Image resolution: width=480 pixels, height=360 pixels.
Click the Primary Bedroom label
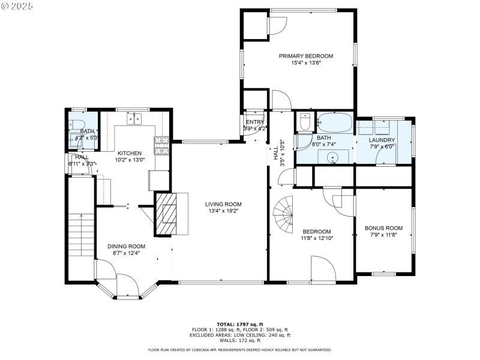(x=305, y=56)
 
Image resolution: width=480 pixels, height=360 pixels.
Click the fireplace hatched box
(x=167, y=214)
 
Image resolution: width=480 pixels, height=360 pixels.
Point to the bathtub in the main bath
(x=334, y=123)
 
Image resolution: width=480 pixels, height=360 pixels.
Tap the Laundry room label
(x=381, y=140)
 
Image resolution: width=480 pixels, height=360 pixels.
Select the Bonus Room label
(x=383, y=228)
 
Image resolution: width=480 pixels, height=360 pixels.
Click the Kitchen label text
(x=129, y=153)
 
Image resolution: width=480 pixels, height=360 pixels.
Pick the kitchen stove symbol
(x=162, y=144)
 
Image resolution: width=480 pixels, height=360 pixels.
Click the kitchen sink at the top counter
(x=133, y=118)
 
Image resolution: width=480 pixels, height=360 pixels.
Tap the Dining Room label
(x=126, y=246)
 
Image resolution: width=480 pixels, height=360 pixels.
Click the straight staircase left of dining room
(x=79, y=234)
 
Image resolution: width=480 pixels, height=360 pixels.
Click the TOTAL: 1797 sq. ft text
(x=239, y=324)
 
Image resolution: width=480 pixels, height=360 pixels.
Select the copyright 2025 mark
(x=17, y=5)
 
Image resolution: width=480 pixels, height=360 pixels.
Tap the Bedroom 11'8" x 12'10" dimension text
(x=316, y=238)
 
